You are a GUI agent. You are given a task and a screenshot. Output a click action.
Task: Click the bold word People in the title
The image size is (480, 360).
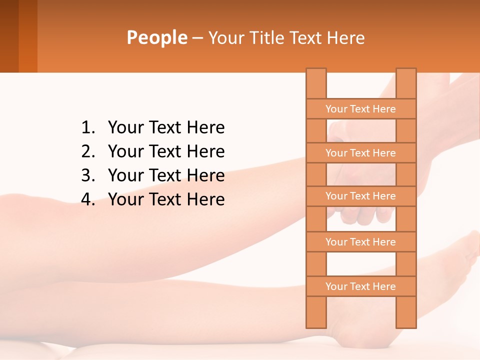coord(157,38)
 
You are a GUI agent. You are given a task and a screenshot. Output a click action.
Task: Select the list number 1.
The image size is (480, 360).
coord(87,128)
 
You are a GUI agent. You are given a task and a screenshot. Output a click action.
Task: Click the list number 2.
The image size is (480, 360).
coord(87,151)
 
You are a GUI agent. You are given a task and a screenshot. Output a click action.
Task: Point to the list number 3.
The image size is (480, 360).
coord(87,175)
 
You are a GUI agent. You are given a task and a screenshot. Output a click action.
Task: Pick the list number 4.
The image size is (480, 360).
coord(87,199)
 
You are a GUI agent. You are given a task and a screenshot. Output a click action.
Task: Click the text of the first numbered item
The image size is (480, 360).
coord(166,128)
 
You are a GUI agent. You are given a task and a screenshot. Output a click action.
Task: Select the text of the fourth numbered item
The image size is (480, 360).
coord(166,199)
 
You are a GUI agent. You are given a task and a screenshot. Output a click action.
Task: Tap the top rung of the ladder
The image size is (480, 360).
coord(360,109)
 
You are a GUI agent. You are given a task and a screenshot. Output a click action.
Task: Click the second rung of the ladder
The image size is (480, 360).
coord(360,153)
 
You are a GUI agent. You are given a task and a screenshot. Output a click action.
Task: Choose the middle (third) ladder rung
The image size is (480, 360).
coord(360,196)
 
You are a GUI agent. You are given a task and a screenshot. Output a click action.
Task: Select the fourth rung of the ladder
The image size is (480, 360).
coord(360,242)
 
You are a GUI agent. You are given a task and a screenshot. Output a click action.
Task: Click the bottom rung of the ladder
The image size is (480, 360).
coord(360,286)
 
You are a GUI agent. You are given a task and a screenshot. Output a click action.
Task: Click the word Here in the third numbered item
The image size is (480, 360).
coord(205,175)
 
